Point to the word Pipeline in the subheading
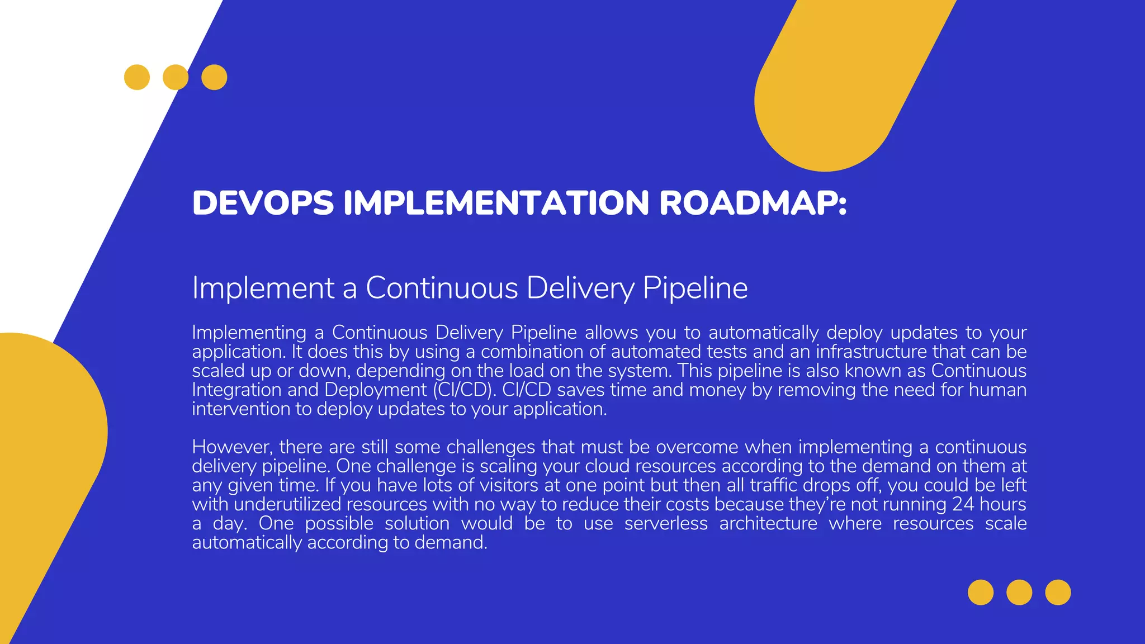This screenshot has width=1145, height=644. pyautogui.click(x=695, y=288)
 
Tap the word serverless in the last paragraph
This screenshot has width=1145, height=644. pyautogui.click(x=666, y=523)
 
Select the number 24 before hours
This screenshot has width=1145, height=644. pyautogui.click(x=963, y=504)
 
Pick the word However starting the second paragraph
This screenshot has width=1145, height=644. pyautogui.click(x=233, y=447)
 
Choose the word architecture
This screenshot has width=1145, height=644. pyautogui.click(x=768, y=523)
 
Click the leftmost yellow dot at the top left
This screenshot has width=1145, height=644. pyautogui.click(x=137, y=77)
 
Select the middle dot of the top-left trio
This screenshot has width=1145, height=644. pyautogui.click(x=176, y=77)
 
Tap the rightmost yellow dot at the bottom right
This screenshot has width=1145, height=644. pyautogui.click(x=1058, y=593)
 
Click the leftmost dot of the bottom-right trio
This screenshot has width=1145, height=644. pyautogui.click(x=981, y=593)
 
